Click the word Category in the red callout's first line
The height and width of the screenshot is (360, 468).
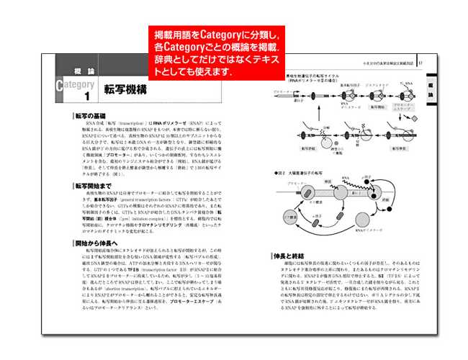[x=220, y=34]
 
